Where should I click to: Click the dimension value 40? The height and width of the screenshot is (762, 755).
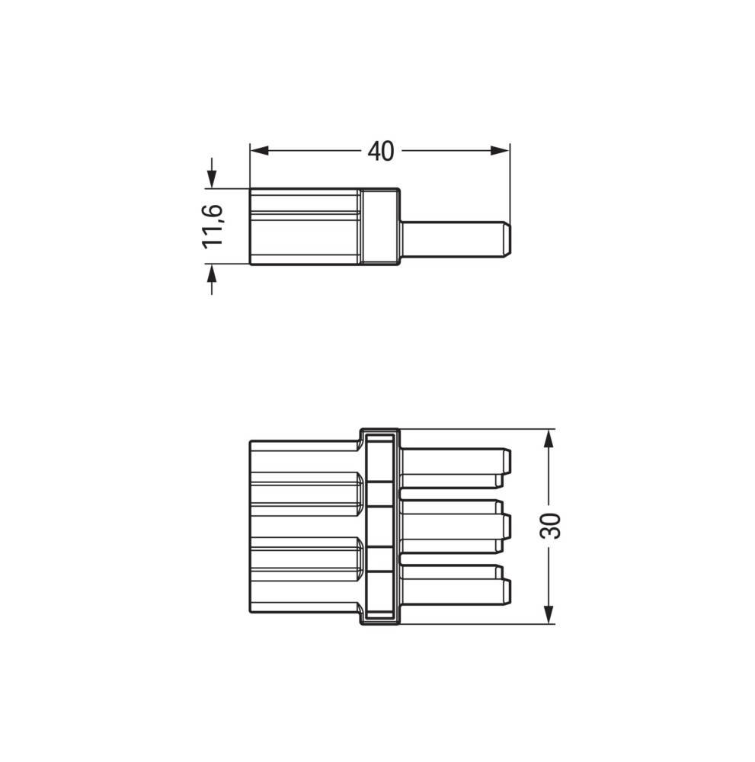[x=380, y=152]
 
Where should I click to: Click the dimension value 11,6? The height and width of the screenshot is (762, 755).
[x=211, y=226]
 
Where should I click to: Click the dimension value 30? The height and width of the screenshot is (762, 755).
[x=550, y=526]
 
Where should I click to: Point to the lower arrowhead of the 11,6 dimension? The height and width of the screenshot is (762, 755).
[x=211, y=274]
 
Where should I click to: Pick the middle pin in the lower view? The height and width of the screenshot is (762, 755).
[x=449, y=526]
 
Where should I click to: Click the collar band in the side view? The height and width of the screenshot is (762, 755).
[x=379, y=226]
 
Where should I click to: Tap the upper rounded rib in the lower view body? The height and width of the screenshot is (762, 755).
[x=305, y=488]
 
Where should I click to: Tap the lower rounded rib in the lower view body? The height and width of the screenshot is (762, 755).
[x=305, y=554]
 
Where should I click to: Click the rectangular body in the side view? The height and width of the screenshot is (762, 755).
[x=305, y=226]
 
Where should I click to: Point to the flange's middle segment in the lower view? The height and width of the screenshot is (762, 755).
[x=379, y=526]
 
